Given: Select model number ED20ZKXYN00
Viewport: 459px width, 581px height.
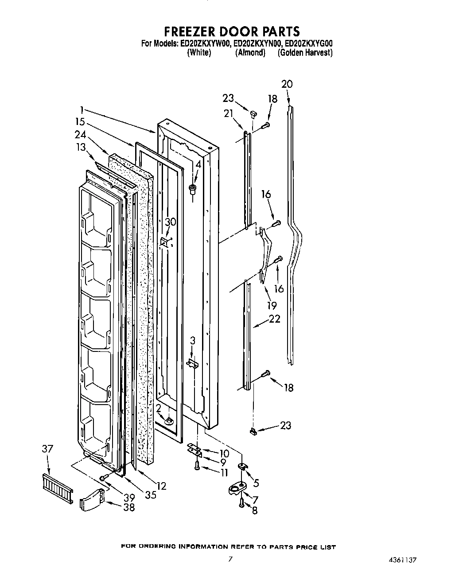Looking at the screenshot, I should pyautogui.click(x=257, y=43).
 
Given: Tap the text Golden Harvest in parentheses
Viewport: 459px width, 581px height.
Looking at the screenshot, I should pyautogui.click(x=305, y=53).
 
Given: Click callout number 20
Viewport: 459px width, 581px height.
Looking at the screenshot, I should pyautogui.click(x=287, y=84).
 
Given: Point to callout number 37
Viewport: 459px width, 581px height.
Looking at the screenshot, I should pyautogui.click(x=47, y=449).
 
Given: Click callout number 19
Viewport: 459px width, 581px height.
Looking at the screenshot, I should pyautogui.click(x=272, y=305).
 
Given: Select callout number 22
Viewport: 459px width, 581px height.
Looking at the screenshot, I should pyautogui.click(x=275, y=319).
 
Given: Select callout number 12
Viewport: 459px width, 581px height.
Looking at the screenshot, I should pyautogui.click(x=161, y=486).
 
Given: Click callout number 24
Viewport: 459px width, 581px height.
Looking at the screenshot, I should pyautogui.click(x=80, y=135).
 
